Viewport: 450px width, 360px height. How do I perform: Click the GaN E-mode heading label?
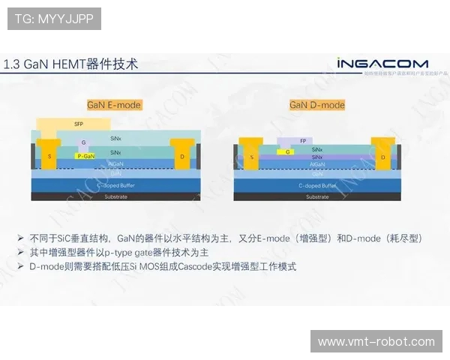click(114, 105)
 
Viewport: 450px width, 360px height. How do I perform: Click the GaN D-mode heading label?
click(317, 105)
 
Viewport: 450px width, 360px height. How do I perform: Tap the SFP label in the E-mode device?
click(79, 124)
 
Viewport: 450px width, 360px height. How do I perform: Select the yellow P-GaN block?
click(85, 156)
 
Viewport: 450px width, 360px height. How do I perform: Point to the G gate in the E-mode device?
click(83, 142)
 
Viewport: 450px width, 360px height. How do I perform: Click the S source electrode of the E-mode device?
click(49, 156)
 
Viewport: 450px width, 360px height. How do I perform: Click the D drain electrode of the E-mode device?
click(182, 156)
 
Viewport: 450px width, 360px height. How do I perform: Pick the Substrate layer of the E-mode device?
click(115, 196)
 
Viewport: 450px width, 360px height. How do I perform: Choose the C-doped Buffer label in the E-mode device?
click(115, 184)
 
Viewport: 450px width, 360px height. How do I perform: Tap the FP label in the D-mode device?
click(302, 140)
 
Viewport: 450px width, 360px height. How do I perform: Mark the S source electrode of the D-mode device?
click(252, 157)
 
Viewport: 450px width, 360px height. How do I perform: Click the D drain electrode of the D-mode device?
click(382, 157)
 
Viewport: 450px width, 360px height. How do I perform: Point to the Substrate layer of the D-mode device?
click(317, 196)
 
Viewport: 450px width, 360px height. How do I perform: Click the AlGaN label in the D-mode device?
click(317, 163)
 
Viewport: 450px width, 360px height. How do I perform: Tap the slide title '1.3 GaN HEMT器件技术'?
click(70, 64)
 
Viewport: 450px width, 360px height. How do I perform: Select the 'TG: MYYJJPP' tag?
click(54, 19)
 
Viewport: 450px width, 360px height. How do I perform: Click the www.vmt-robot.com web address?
click(376, 341)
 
